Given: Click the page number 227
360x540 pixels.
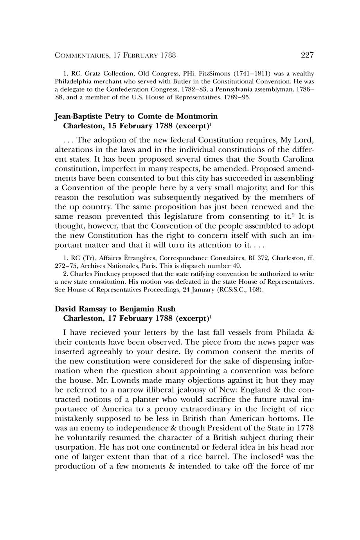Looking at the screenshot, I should tap(307, 55).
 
